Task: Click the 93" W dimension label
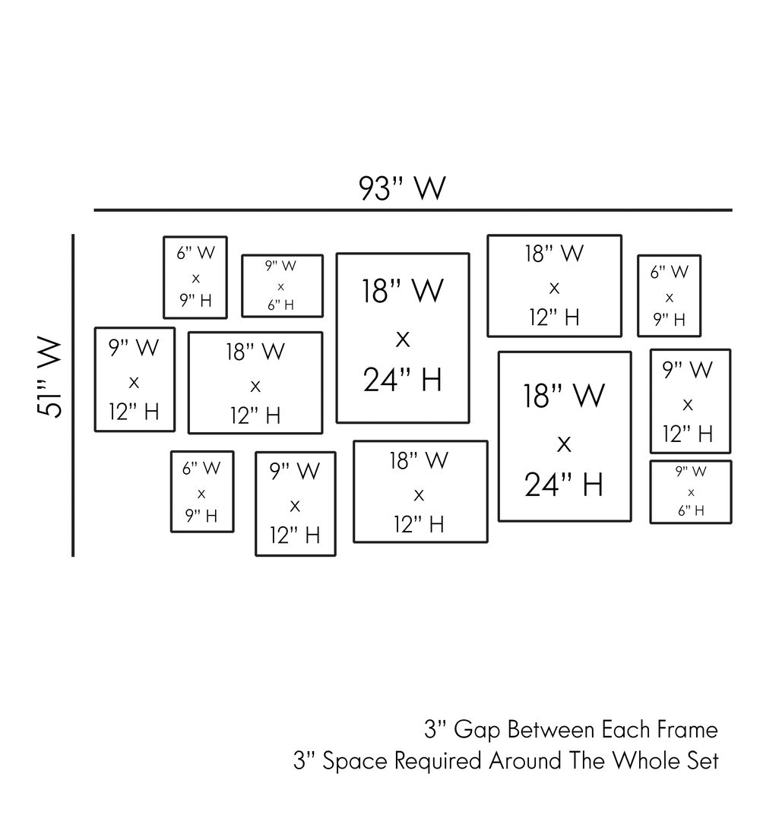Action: pyautogui.click(x=402, y=188)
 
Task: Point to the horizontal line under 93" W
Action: pyautogui.click(x=413, y=210)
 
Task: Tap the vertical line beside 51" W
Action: pyautogui.click(x=73, y=395)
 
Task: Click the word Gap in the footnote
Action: pyautogui.click(x=477, y=730)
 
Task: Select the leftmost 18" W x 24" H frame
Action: pyautogui.click(x=403, y=338)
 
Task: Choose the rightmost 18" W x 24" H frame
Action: pyautogui.click(x=564, y=437)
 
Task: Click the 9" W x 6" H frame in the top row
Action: pyautogui.click(x=282, y=286)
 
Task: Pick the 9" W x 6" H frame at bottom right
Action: pyautogui.click(x=690, y=492)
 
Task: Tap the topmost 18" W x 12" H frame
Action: pyautogui.click(x=554, y=286)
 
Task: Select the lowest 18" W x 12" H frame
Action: pyautogui.click(x=420, y=492)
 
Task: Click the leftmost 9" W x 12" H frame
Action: pyautogui.click(x=135, y=380)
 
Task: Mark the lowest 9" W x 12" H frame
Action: pyautogui.click(x=295, y=504)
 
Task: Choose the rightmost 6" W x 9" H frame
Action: pyautogui.click(x=669, y=295)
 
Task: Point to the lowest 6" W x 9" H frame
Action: pyautogui.click(x=201, y=492)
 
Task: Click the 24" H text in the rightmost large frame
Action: pyautogui.click(x=564, y=484)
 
